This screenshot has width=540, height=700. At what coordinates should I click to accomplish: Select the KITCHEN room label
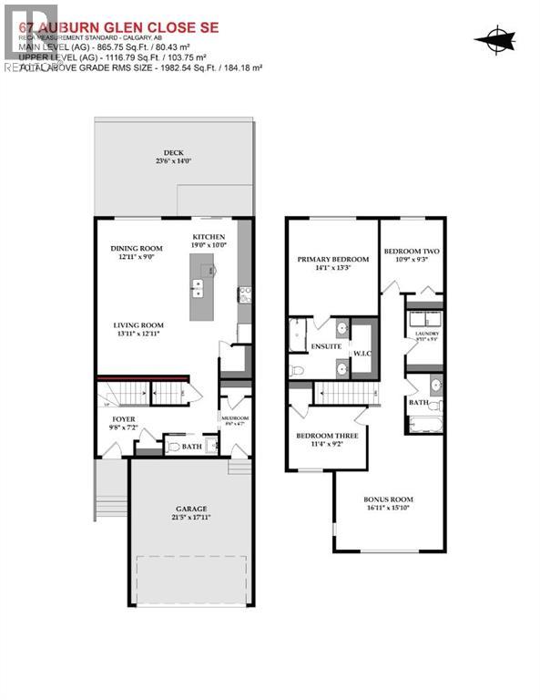[x=209, y=237]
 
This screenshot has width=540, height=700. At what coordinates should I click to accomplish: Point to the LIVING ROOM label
[x=138, y=325]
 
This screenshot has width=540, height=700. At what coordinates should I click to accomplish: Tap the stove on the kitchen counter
[x=244, y=293]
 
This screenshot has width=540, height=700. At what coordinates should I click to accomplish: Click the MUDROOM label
[x=234, y=418]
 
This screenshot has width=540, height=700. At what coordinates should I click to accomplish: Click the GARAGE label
[x=191, y=509]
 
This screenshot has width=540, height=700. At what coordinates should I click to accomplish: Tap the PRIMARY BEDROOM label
[x=331, y=260]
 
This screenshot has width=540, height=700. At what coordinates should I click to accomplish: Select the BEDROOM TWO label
[x=412, y=252]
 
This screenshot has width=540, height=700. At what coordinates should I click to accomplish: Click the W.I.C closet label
[x=362, y=355]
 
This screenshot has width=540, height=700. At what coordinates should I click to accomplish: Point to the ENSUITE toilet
[x=298, y=371]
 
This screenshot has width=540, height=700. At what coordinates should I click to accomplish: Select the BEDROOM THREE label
[x=327, y=436]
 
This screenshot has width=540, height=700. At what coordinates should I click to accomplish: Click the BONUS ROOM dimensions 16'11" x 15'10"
[x=389, y=510]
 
